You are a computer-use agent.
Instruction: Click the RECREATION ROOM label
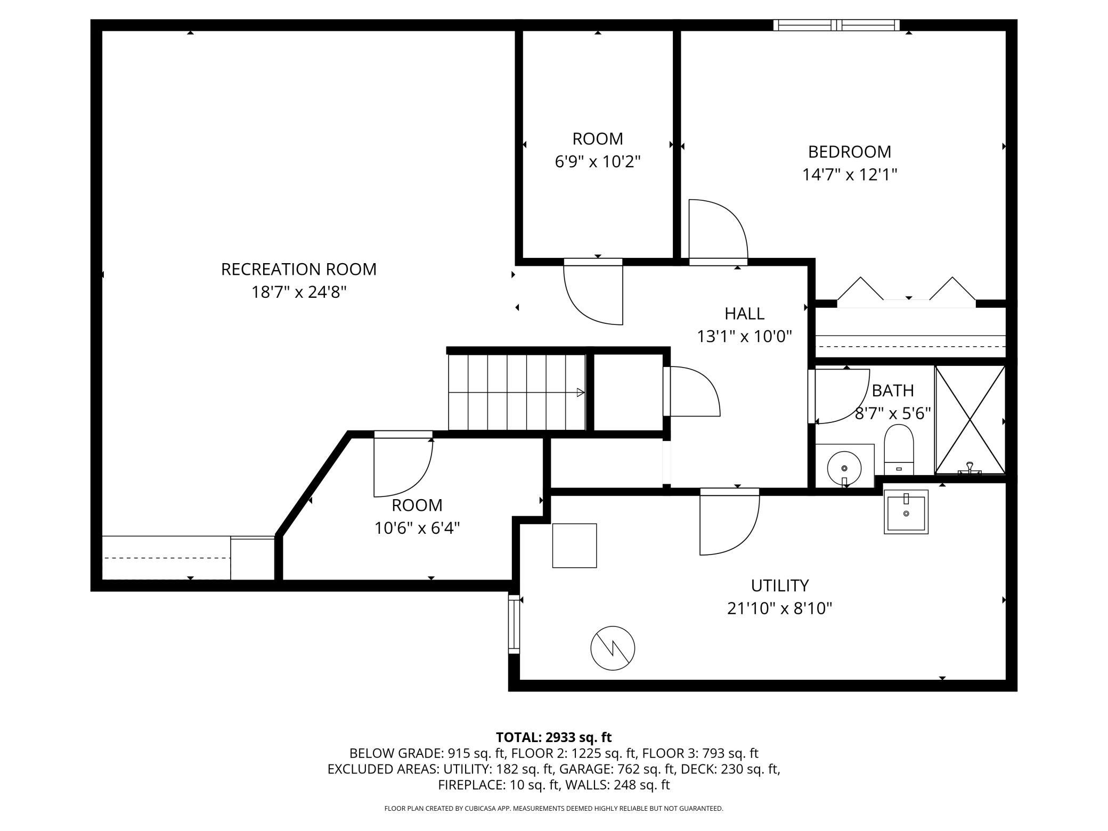pos(299,270)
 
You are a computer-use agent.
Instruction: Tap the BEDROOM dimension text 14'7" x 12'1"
pos(850,175)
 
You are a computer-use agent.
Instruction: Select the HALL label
pos(745,313)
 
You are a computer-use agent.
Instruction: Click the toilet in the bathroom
pos(899,450)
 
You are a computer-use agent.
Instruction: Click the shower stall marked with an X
pos(970,420)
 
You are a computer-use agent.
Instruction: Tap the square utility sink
pos(906,512)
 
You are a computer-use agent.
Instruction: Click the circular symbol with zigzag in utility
pos(613,648)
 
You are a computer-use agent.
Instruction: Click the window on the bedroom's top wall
pos(836,25)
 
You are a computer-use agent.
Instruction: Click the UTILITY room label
pos(780,585)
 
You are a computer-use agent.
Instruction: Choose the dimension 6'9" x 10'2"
pos(598,161)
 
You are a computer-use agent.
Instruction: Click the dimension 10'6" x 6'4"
pos(417,528)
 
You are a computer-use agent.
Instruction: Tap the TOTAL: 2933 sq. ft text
pos(554,737)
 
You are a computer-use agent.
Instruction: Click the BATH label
pos(893,391)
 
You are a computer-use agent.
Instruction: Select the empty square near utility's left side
pos(574,545)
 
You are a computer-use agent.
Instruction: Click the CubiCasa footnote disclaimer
pos(554,809)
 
